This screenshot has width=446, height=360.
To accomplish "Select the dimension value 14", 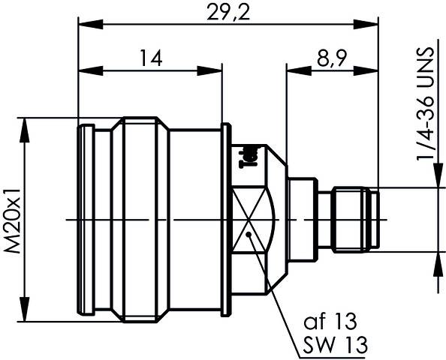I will (x=147, y=58).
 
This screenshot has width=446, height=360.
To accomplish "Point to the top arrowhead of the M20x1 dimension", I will (x=28, y=123).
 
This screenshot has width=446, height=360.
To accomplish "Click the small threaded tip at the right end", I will (x=357, y=219).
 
